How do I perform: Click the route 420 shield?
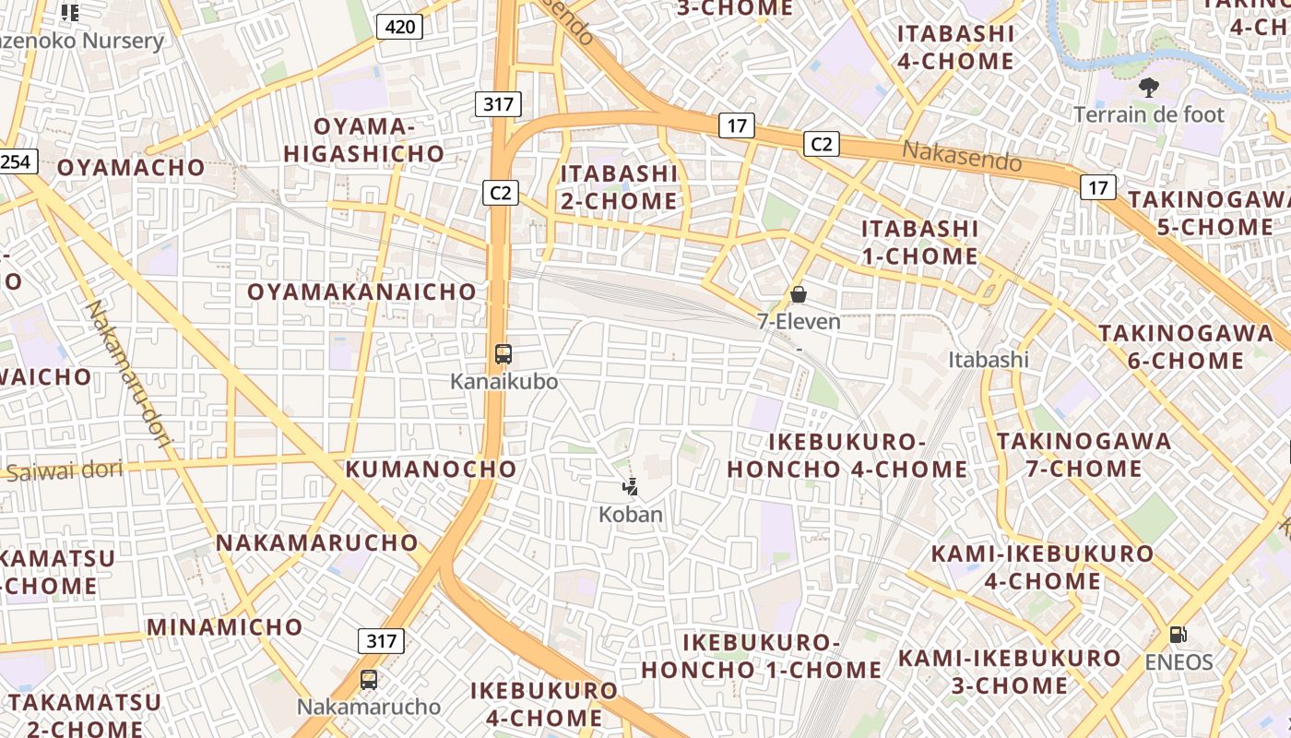pos(399,27)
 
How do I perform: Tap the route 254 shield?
pos(16,162)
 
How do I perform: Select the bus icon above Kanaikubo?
pos(503,353)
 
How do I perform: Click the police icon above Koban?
pos(631,486)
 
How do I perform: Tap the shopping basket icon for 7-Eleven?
pos(799,294)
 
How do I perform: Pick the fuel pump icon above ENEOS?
pos(1178,635)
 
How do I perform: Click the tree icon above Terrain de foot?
pos(1149,89)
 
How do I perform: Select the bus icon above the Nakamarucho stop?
pos(369,680)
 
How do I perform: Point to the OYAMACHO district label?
pos(131,168)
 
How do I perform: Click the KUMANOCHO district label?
pos(432,469)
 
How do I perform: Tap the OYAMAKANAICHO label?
pos(362,292)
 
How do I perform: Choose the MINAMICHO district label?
pos(225,627)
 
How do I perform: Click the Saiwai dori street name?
pos(65,471)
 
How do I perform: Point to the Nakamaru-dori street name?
pos(130,375)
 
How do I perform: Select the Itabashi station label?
pos(989,360)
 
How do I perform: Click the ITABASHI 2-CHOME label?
pos(619,187)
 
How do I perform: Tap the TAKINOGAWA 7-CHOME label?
pos(1084,455)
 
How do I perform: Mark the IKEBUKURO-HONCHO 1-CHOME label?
pos(762,656)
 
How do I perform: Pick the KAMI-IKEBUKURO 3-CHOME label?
pos(1010,672)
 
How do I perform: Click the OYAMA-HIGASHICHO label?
pos(364,140)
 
